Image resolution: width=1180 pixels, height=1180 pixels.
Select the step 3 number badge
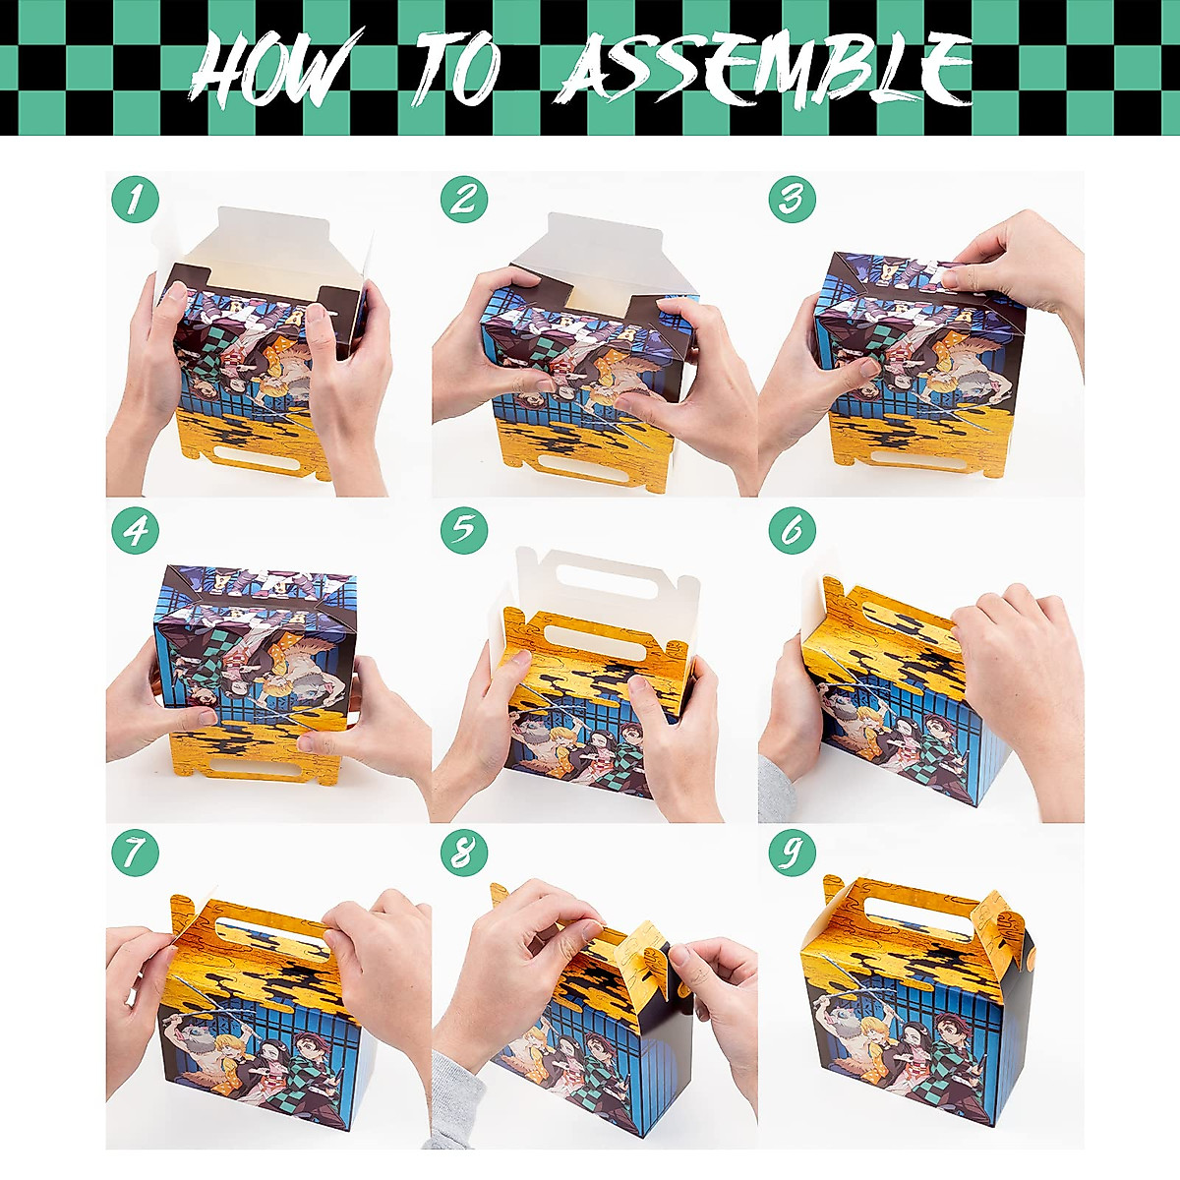pyautogui.click(x=793, y=200)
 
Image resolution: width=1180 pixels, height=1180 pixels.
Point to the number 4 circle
pyautogui.click(x=136, y=531)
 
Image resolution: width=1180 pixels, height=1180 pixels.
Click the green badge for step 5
pyautogui.click(x=464, y=531)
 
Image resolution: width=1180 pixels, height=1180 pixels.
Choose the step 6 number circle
pyautogui.click(x=793, y=531)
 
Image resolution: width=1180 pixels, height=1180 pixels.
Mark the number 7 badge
pyautogui.click(x=136, y=853)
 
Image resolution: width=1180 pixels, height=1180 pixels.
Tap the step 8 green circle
pyautogui.click(x=464, y=853)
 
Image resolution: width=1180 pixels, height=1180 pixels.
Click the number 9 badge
pyautogui.click(x=793, y=853)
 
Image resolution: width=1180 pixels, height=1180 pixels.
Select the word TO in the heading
pyautogui.click(x=457, y=69)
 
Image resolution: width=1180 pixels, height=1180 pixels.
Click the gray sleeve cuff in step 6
pyautogui.click(x=775, y=787)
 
